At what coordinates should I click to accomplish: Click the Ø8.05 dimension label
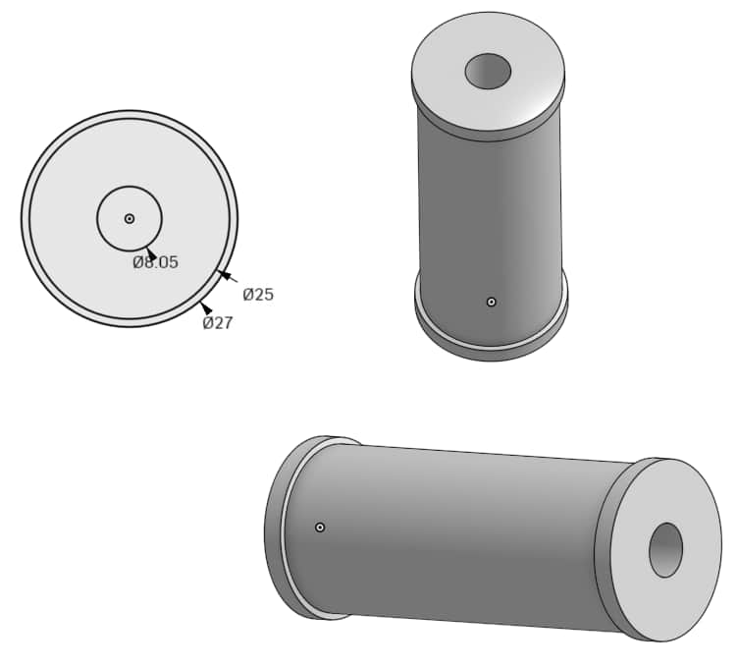[x=155, y=262]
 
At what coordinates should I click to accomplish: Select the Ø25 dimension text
[x=258, y=295]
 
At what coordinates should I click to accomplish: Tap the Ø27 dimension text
[x=218, y=323]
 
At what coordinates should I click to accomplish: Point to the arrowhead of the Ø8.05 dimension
[x=150, y=253]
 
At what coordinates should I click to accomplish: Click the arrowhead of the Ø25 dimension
[x=223, y=275]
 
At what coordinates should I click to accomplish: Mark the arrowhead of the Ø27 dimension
[x=206, y=308]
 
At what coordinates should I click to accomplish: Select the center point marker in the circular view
[x=130, y=218]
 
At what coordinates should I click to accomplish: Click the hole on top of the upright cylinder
[x=488, y=71]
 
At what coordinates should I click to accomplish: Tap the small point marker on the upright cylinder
[x=492, y=302]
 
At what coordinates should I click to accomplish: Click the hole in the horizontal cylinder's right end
[x=665, y=550]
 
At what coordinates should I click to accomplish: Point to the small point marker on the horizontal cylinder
[x=320, y=528]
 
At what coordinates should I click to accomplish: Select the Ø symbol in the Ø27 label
[x=208, y=323]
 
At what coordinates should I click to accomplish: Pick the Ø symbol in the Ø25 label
[x=248, y=295]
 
